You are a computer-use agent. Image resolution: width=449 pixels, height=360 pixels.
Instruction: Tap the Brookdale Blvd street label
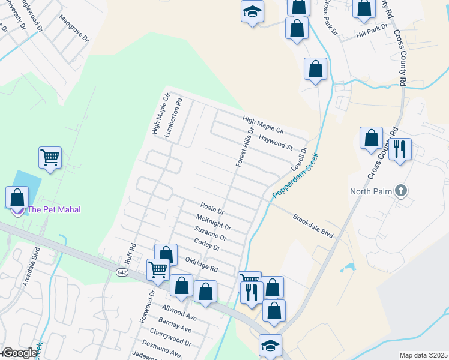pyautogui.click(x=312, y=226)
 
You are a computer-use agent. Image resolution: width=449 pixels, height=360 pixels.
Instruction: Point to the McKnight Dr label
pyautogui.click(x=213, y=223)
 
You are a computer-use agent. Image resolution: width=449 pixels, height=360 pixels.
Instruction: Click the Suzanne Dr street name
pyautogui.click(x=210, y=233)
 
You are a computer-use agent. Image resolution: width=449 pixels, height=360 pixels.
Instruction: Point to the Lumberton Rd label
pyautogui.click(x=176, y=118)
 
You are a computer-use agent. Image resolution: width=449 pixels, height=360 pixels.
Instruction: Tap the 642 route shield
pyautogui.click(x=122, y=272)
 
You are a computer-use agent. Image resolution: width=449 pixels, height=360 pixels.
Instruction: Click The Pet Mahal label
pyautogui.click(x=54, y=209)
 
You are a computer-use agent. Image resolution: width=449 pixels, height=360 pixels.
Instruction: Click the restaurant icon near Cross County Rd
pyautogui.click(x=400, y=148)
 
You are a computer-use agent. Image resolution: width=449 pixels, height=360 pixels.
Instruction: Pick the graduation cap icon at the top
pyautogui.click(x=252, y=11)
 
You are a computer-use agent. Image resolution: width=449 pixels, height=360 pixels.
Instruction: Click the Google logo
pyautogui.click(x=19, y=353)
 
